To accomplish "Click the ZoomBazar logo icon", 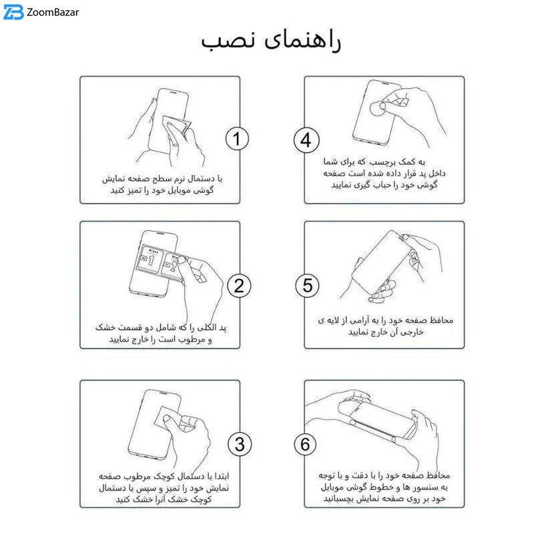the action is pyautogui.click(x=13, y=12).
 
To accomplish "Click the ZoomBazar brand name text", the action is pyautogui.click(x=53, y=13).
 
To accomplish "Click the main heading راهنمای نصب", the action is pyautogui.click(x=270, y=41).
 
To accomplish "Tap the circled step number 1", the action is pyautogui.click(x=238, y=139).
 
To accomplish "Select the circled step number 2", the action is pyautogui.click(x=239, y=286).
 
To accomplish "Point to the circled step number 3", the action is pyautogui.click(x=240, y=444).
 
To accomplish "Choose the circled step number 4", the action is pyautogui.click(x=306, y=140).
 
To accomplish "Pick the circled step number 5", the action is pyautogui.click(x=307, y=286).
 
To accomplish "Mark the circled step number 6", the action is pyautogui.click(x=305, y=444).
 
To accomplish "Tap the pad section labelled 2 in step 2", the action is pyautogui.click(x=172, y=266).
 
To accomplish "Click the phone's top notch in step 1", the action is pyautogui.click(x=174, y=92).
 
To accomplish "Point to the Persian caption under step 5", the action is pyautogui.click(x=386, y=326).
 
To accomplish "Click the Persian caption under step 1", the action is pyautogui.click(x=162, y=184).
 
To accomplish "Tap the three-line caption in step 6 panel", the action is pyautogui.click(x=384, y=487).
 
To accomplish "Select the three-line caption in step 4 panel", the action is pyautogui.click(x=384, y=173).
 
